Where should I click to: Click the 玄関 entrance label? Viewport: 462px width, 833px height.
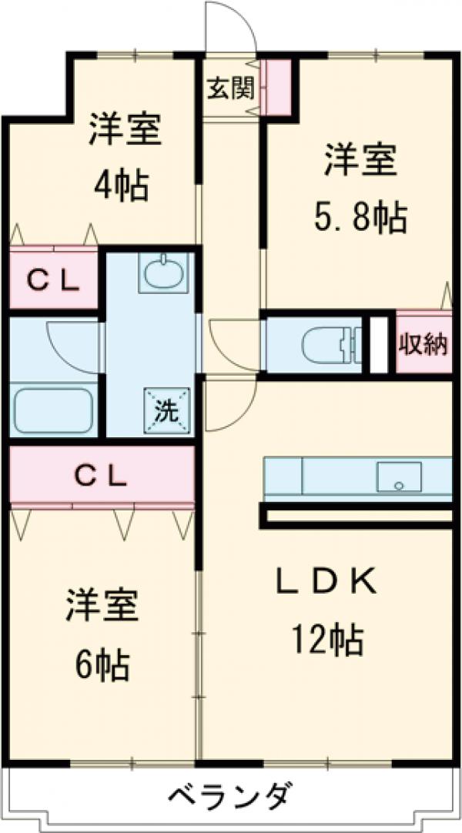229,89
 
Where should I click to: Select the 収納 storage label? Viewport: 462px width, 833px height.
423,343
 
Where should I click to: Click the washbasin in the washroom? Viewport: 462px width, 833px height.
163,273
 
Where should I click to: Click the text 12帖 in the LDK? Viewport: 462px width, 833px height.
326,639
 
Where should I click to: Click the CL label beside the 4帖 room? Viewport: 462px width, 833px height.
53,283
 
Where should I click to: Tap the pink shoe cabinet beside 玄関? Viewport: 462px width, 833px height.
276,87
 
